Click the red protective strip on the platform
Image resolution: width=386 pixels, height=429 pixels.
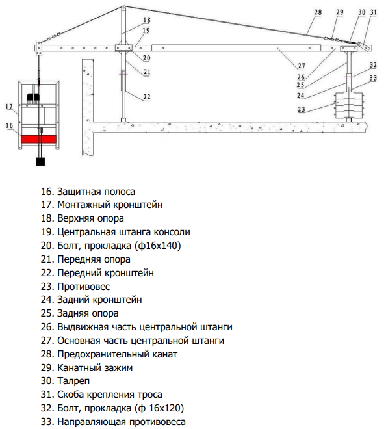point(39,139)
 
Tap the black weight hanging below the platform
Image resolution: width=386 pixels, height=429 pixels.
point(40,161)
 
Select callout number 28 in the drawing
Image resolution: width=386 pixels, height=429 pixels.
point(318,12)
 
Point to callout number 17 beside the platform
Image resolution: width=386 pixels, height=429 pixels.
point(9,107)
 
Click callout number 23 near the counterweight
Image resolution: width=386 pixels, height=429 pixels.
point(301,109)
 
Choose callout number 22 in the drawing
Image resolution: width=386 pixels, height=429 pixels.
point(147,97)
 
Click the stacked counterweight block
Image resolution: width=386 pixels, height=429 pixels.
point(349,105)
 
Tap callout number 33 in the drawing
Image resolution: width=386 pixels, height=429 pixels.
point(373,78)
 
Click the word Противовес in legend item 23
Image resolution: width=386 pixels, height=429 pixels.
point(83,287)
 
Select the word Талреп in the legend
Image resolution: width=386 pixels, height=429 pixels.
point(73,381)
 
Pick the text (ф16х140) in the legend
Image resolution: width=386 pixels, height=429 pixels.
point(157,246)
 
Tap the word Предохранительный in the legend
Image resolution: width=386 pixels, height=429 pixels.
point(103,354)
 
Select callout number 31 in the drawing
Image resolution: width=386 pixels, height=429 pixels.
point(373,12)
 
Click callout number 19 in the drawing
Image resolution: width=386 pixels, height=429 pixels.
point(146,31)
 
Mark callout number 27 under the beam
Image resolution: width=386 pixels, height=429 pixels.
point(301,66)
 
